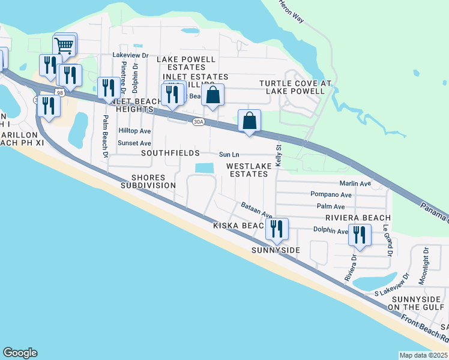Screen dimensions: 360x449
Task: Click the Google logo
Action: (20, 353)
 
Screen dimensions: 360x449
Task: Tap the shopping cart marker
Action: (64, 45)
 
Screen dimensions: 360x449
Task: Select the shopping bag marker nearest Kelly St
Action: (249, 120)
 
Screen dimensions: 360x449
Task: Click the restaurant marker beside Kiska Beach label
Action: (277, 229)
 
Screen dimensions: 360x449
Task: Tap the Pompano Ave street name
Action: (331, 194)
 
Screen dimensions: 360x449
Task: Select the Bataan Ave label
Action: (257, 210)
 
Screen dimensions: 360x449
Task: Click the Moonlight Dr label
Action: (423, 265)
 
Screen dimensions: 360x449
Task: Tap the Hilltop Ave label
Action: (134, 130)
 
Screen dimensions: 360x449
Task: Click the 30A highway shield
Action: (198, 122)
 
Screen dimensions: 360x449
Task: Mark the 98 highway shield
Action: (59, 92)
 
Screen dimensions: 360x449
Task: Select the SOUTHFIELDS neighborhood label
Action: (170, 154)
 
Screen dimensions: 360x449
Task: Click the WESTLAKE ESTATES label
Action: (247, 169)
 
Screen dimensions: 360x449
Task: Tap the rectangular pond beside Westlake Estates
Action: (204, 168)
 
